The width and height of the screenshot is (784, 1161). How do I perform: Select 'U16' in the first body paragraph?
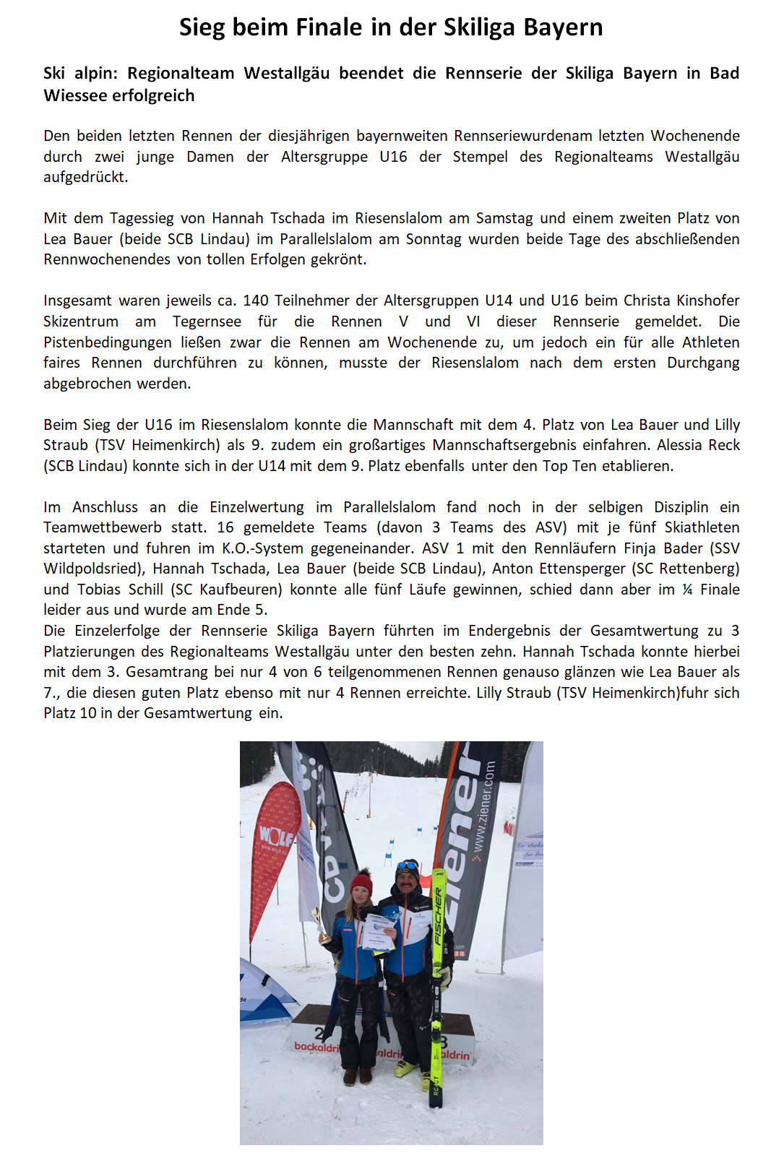pos(393,157)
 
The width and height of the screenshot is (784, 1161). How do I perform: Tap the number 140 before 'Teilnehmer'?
pos(256,301)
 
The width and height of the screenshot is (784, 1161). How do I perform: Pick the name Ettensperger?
pos(577,569)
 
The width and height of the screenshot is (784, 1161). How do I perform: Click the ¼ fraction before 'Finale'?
pos(686,590)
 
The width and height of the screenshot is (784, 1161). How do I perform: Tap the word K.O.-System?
pos(267,548)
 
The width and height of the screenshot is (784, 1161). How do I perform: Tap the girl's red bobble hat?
pos(361,882)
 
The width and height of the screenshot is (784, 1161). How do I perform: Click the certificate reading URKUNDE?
pos(380,931)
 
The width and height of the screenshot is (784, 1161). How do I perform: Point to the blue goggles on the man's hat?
pos(408,865)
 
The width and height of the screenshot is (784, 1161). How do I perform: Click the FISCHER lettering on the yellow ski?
pos(438,918)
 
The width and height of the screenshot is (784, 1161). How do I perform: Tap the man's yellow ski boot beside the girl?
pos(404,1068)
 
